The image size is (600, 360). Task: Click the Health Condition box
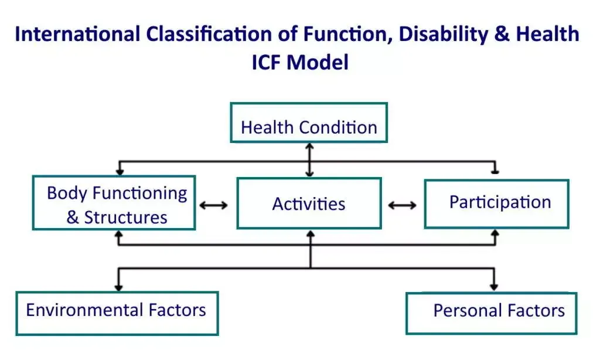click(309, 123)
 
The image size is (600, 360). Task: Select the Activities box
click(309, 203)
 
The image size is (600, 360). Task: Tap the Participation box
click(497, 203)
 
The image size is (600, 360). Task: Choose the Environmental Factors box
click(117, 313)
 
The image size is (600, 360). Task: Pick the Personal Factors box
click(492, 313)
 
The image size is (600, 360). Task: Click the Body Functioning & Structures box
click(114, 203)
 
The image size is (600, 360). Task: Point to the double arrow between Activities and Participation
click(402, 205)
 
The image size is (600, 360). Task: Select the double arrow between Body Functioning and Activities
click(213, 205)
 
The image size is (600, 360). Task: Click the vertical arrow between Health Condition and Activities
click(309, 160)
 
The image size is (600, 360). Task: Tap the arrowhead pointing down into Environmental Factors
click(118, 287)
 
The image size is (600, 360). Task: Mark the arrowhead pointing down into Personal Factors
click(494, 287)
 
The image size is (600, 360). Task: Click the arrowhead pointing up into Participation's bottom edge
click(495, 233)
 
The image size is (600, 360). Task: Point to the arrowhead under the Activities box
click(311, 233)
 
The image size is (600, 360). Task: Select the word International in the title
click(78, 34)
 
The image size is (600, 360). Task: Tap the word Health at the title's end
click(548, 33)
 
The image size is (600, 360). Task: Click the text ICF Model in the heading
click(301, 62)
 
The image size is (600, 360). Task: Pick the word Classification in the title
click(209, 34)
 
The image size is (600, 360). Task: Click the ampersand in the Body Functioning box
click(72, 218)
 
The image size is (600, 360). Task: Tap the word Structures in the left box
click(126, 218)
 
